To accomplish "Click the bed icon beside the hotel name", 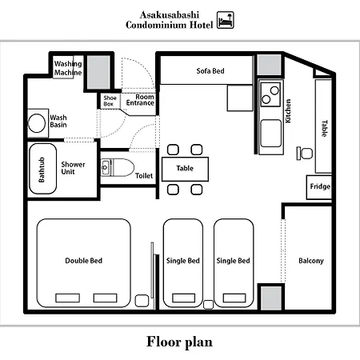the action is click(x=226, y=20).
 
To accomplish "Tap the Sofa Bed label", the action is click(x=210, y=71).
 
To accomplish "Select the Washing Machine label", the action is click(x=68, y=68).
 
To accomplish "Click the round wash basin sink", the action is click(x=37, y=123).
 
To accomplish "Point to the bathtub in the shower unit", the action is click(x=42, y=169).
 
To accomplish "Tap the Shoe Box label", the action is click(x=110, y=101).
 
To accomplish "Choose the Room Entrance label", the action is click(x=141, y=100).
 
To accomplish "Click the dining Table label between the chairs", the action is click(x=185, y=168).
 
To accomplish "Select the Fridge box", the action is click(x=319, y=187).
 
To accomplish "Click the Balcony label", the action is click(x=311, y=261).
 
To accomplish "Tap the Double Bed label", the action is click(x=84, y=261).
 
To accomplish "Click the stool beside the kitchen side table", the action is click(x=305, y=154).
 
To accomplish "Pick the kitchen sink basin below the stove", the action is click(x=270, y=134).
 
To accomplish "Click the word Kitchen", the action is click(x=288, y=111).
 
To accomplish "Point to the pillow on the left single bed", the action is click(x=183, y=298).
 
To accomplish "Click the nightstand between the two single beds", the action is click(x=208, y=305).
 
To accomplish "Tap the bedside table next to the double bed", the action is click(x=142, y=301).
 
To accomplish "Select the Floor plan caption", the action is click(x=179, y=342).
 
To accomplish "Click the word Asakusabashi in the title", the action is click(x=170, y=15).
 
